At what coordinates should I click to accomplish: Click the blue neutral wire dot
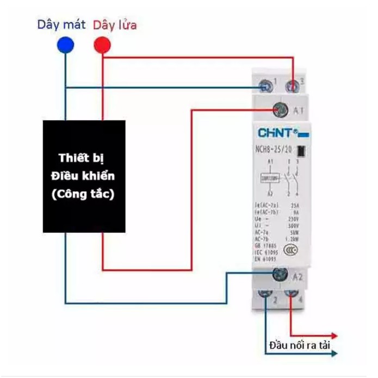point(66,45)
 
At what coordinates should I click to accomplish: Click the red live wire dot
point(101,45)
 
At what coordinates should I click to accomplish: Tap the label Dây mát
point(61,25)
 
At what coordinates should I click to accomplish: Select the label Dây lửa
point(115,25)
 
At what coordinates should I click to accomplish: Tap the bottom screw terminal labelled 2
point(266,295)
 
